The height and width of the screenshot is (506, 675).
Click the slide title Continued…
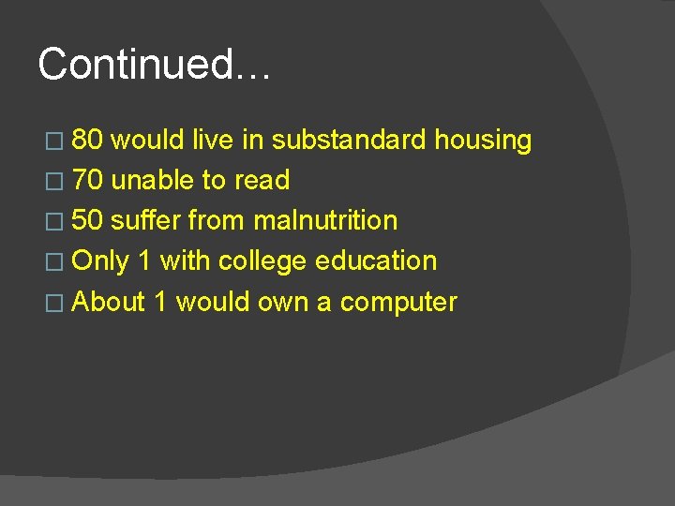pyautogui.click(x=154, y=65)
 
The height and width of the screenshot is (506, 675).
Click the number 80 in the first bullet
pyautogui.click(x=87, y=141)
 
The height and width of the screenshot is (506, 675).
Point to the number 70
pyautogui.click(x=87, y=180)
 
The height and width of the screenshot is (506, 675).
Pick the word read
pyautogui.click(x=262, y=180)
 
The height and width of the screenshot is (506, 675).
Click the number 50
pyautogui.click(x=87, y=220)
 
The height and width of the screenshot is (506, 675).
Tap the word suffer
pyautogui.click(x=145, y=220)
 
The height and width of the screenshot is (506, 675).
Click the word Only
pyautogui.click(x=100, y=260)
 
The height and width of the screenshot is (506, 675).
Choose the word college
pyautogui.click(x=263, y=261)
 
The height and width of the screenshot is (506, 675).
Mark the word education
pyautogui.click(x=376, y=260)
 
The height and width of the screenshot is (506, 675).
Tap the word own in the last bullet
pyautogui.click(x=289, y=303)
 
